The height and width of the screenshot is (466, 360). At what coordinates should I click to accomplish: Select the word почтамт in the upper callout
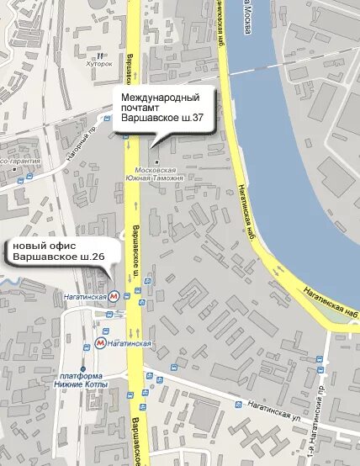point(141,109)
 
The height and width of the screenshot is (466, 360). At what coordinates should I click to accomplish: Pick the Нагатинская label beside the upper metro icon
point(86,296)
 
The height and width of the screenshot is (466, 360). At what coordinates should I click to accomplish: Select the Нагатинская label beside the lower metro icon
point(129,343)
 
